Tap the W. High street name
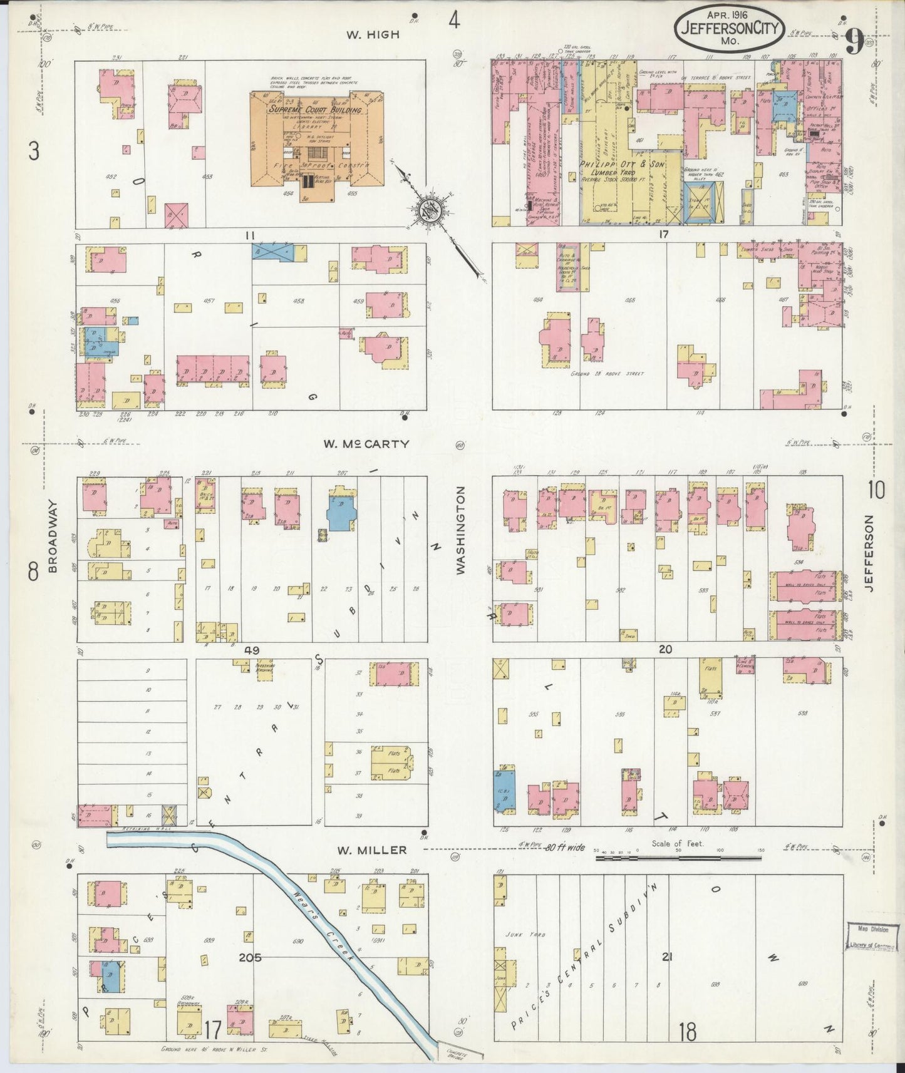[373, 35]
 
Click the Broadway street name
[53, 537]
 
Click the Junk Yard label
[530, 934]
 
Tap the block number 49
[252, 650]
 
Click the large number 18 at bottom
[688, 1032]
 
